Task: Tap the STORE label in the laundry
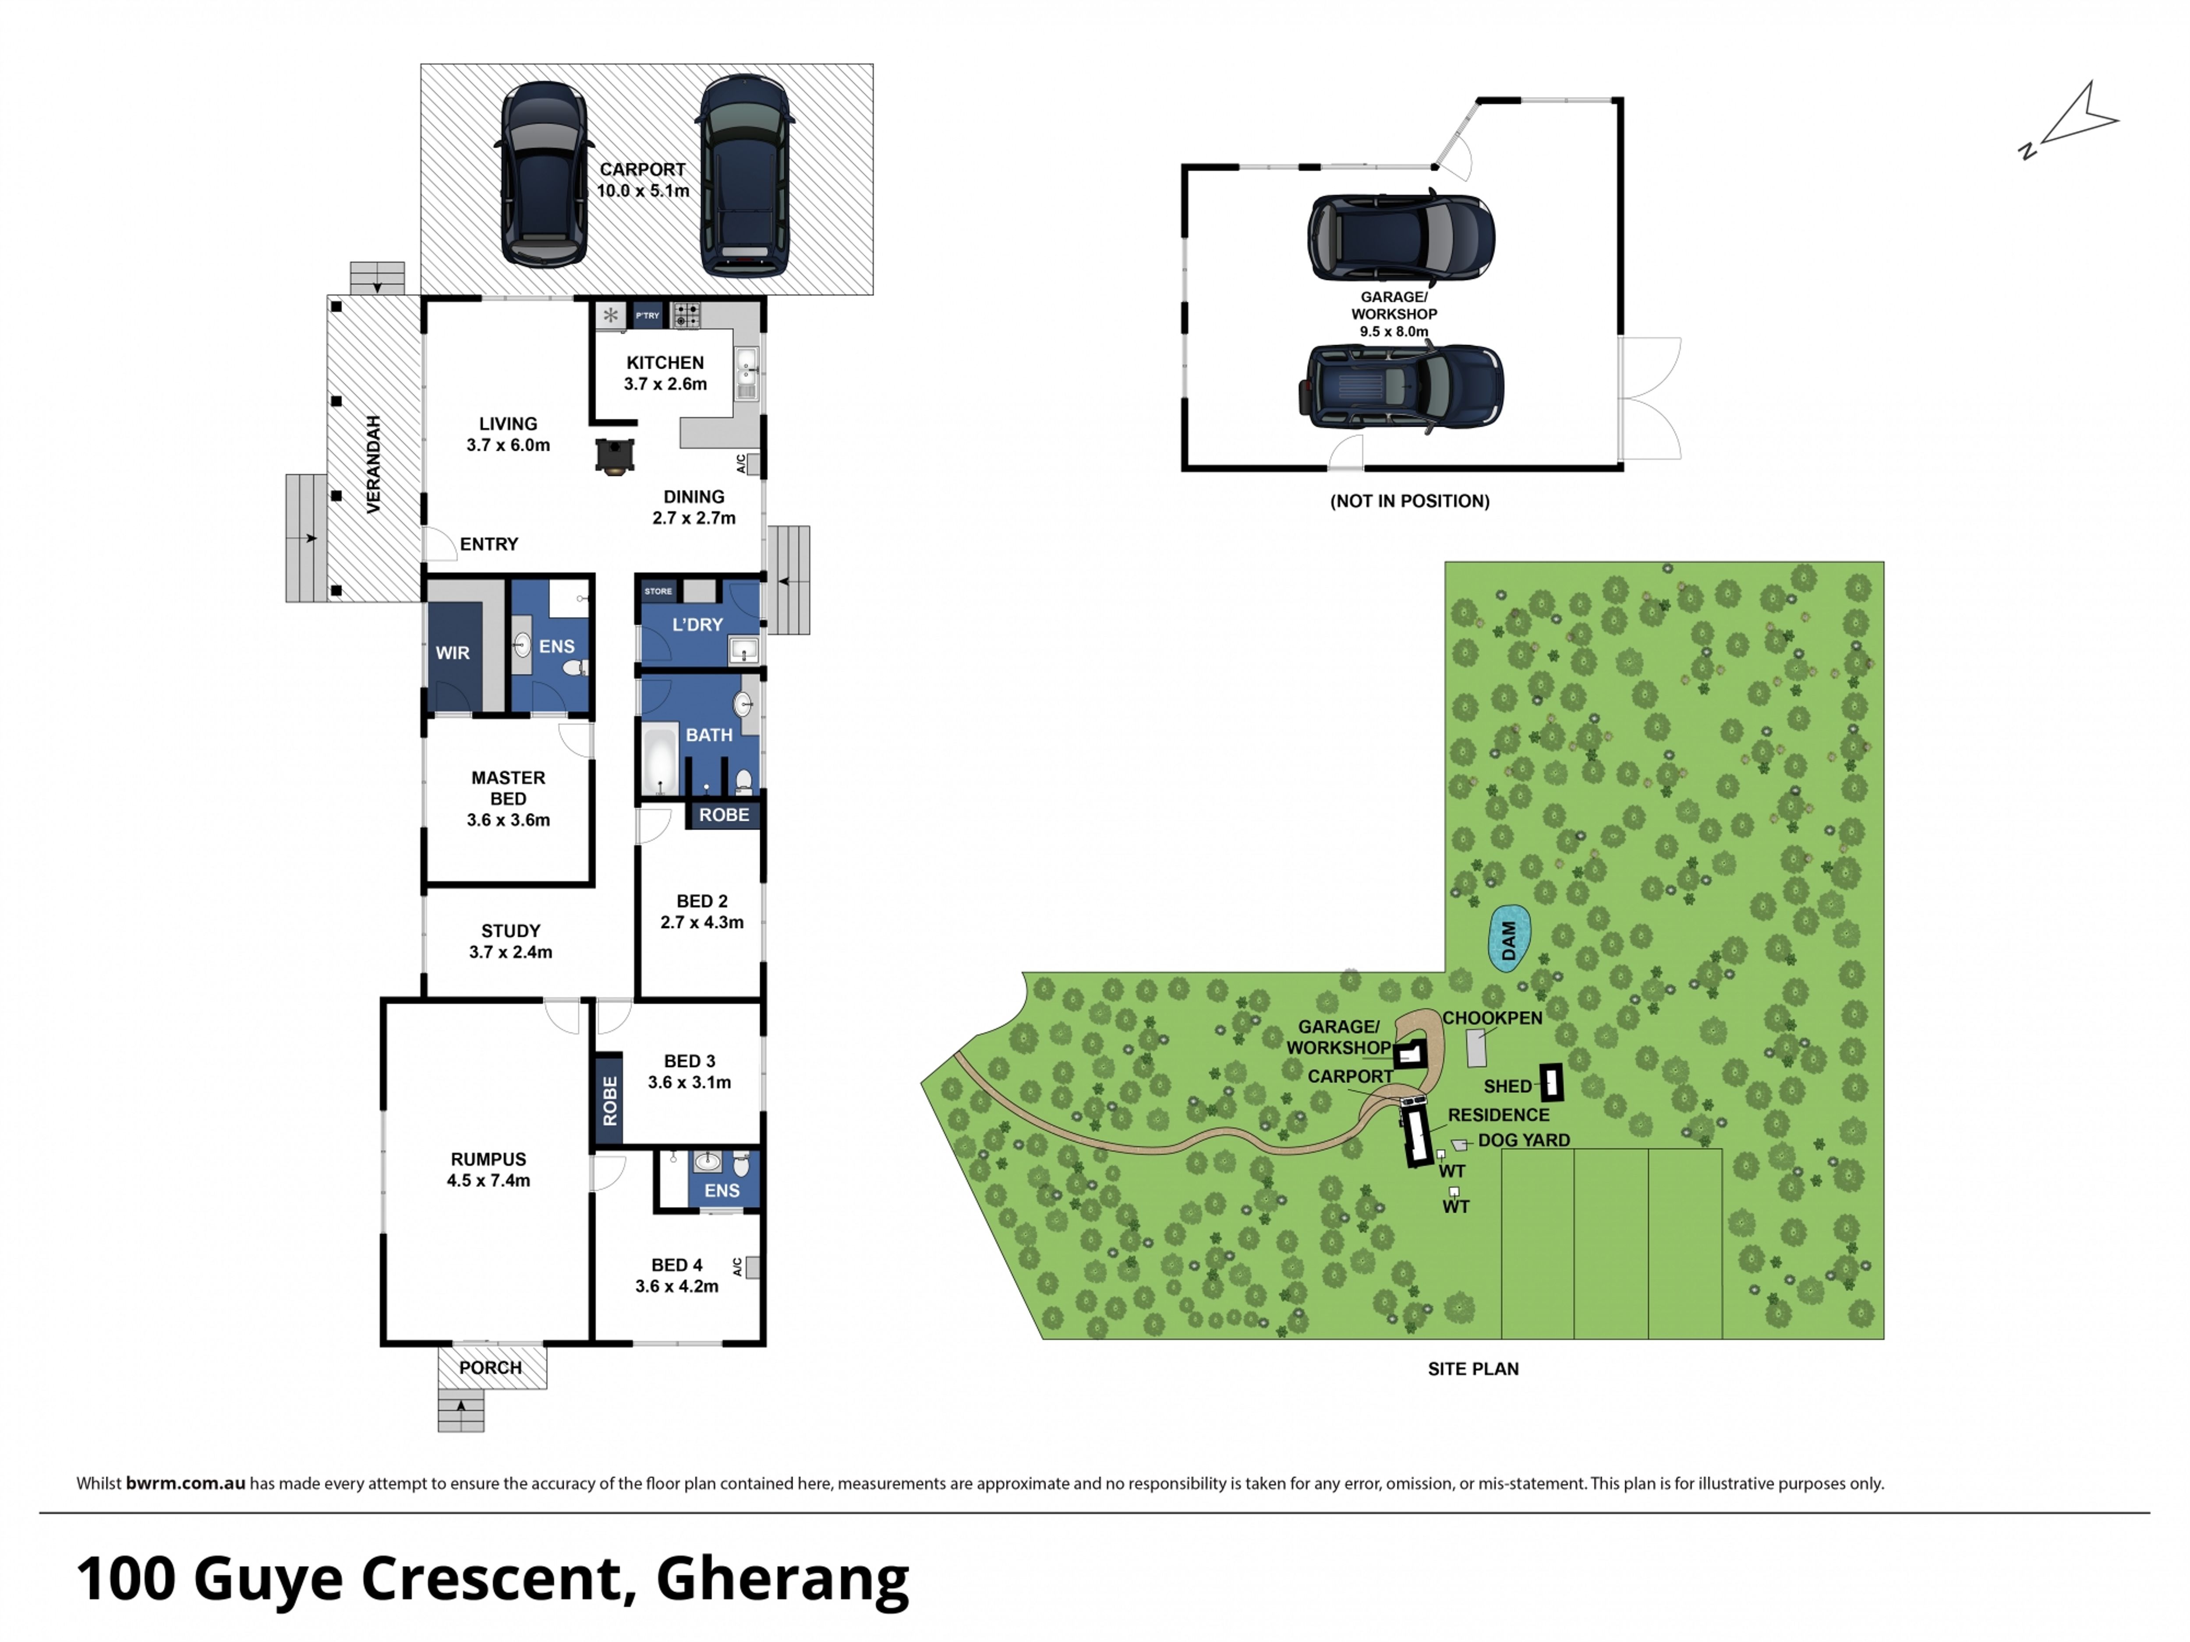tap(658, 591)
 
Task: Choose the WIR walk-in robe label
tap(453, 653)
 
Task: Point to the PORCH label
tap(490, 1368)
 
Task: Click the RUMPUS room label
tap(488, 1159)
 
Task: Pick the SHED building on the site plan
tap(1551, 1083)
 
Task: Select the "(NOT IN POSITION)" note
tap(1410, 501)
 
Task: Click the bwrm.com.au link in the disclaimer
tap(185, 1483)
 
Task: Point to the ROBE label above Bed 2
tap(724, 815)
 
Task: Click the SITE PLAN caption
tap(1473, 1369)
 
